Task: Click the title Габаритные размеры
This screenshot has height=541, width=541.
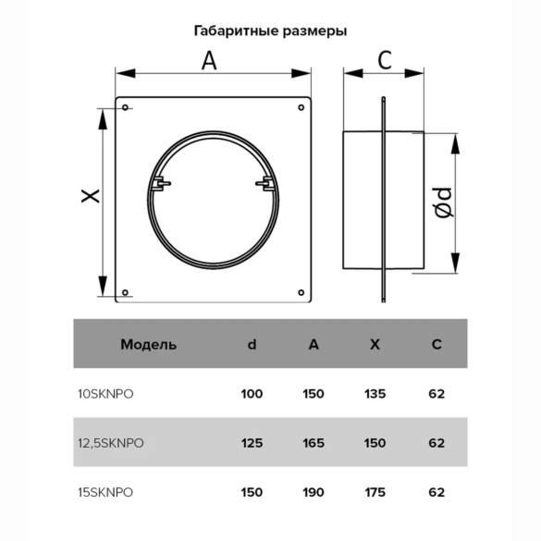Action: [x=270, y=31]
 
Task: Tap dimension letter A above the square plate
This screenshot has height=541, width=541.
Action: [x=209, y=61]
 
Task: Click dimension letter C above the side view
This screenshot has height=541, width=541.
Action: [x=385, y=60]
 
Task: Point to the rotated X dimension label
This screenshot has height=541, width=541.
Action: [x=91, y=196]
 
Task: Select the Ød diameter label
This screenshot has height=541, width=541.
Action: [x=443, y=203]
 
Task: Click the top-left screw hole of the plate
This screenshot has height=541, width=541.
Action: [x=125, y=107]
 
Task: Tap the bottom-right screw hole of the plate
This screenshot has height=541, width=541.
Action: [x=301, y=292]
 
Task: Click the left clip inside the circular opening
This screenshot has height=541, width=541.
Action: [x=160, y=183]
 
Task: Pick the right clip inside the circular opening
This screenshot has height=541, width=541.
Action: [x=265, y=183]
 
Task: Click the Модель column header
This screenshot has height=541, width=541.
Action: [x=148, y=344]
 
